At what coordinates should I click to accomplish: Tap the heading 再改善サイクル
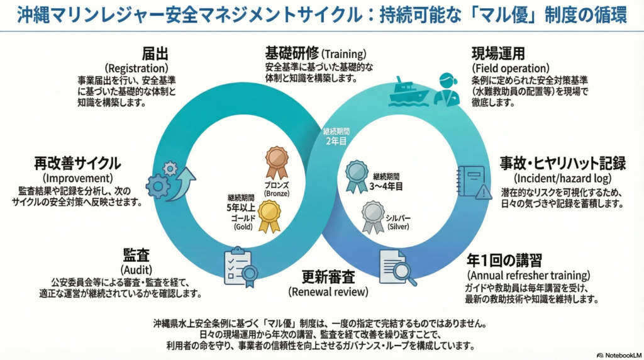tap(77, 164)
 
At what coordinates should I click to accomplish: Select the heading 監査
tap(136, 255)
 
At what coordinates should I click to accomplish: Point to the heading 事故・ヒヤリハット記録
tap(562, 164)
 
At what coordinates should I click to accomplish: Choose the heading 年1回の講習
tap(504, 260)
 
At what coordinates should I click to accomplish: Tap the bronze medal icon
tap(276, 162)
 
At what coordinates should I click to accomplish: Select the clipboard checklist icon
tap(240, 267)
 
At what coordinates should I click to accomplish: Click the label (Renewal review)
tap(328, 291)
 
